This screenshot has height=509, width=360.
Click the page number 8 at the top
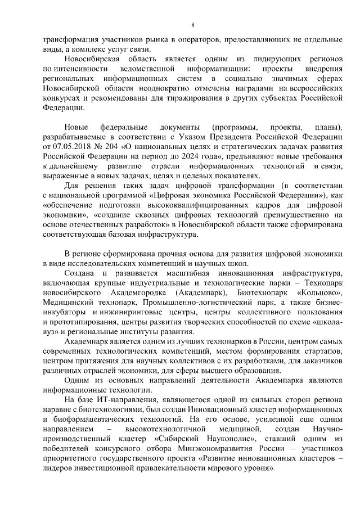192,25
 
